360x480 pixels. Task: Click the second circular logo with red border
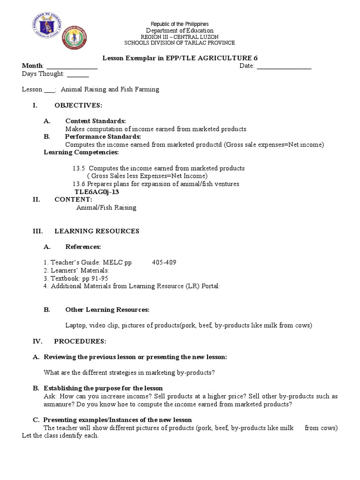pyautogui.click(x=75, y=37)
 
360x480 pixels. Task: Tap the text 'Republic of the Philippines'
pyautogui.click(x=180, y=24)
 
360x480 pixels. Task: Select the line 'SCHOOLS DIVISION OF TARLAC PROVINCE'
pyautogui.click(x=180, y=43)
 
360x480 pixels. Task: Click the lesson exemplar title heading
pyautogui.click(x=180, y=58)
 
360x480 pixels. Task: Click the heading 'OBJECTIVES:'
pyautogui.click(x=78, y=105)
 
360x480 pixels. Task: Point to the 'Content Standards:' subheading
pyautogui.click(x=95, y=121)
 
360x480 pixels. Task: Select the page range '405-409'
pyautogui.click(x=164, y=262)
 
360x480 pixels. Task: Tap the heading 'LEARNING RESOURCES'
pyautogui.click(x=97, y=231)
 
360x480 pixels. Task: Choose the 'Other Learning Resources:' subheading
pyautogui.click(x=107, y=310)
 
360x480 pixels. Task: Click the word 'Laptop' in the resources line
pyautogui.click(x=75, y=325)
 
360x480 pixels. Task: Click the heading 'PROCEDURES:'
pyautogui.click(x=80, y=341)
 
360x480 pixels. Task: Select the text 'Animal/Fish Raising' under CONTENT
pyautogui.click(x=106, y=208)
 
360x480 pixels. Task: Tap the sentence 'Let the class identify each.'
pyautogui.click(x=60, y=435)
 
